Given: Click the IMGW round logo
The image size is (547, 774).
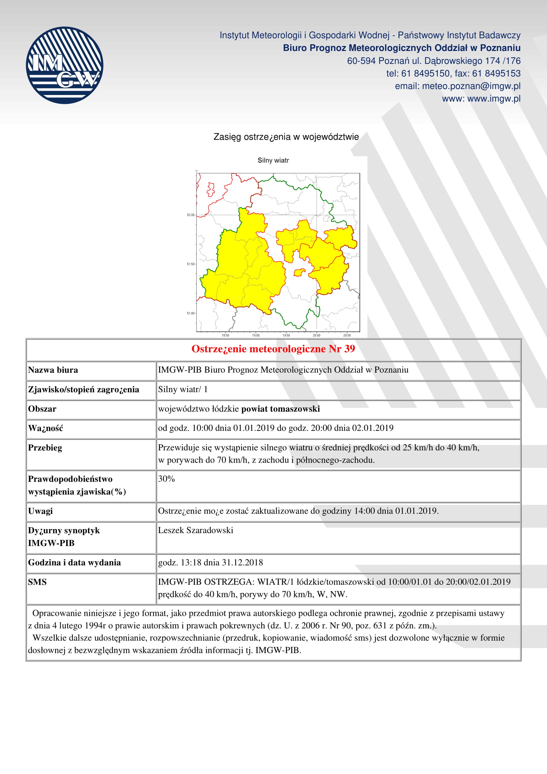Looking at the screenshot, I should point(64,65).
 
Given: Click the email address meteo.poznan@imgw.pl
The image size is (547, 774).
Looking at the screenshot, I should point(471,86).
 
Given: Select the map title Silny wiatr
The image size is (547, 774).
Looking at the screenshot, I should point(273,160).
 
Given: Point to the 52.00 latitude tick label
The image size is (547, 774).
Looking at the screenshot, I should point(190,215).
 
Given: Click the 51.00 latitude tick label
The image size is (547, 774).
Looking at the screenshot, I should point(190,313).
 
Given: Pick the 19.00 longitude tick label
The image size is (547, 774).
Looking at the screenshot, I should point(256,336).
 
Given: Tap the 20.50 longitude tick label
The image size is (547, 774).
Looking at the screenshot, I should point(347,336).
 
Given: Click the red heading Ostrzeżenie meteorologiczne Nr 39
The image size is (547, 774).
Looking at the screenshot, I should point(273,349).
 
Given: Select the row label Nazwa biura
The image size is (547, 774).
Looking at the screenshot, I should point(53,370).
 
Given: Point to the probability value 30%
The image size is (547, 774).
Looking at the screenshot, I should point(166,479).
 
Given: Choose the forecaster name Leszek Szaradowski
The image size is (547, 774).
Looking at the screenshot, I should point(196,530).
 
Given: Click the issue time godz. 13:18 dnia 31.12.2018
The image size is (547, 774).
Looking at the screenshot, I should point(211,563).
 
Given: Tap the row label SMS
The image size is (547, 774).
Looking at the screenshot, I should point(37,582).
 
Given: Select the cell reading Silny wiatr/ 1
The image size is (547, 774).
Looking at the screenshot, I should point(183,389).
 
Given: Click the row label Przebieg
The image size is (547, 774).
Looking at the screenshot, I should point(45,448).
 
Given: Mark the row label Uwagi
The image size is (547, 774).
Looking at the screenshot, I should point(40,511).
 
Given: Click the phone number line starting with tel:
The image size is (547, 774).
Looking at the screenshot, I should point(453,73).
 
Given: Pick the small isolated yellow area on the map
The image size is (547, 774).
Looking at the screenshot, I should point(299,272).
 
